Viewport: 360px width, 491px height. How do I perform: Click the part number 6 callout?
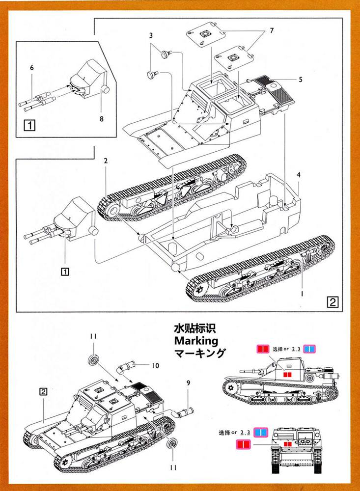pyautogui.click(x=32, y=68)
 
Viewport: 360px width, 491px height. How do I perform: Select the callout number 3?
pyautogui.click(x=151, y=35)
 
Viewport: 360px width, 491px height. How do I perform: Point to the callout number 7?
pyautogui.click(x=271, y=31)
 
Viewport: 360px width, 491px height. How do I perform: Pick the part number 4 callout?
pyautogui.click(x=299, y=174)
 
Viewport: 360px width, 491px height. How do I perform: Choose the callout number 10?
pyautogui.click(x=156, y=365)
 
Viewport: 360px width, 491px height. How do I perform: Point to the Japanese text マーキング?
pyautogui.click(x=199, y=353)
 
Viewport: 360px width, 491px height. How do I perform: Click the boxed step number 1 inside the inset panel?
pyautogui.click(x=29, y=124)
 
